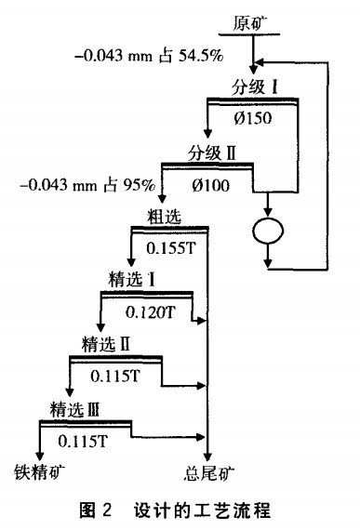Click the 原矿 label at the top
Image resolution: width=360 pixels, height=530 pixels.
point(248,21)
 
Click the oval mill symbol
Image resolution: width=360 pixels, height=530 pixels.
point(268,231)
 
